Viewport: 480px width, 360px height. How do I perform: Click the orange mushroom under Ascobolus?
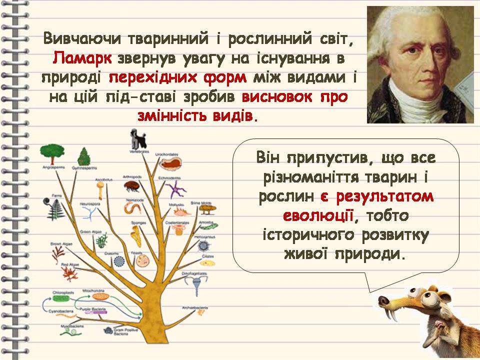click(x=101, y=188)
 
